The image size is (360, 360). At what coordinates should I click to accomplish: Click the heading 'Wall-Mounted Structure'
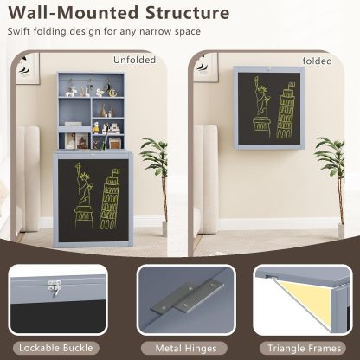click(x=119, y=14)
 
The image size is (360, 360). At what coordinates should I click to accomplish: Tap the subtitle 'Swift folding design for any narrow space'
click(x=104, y=32)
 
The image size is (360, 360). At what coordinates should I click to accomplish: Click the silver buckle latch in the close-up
click(x=51, y=283)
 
